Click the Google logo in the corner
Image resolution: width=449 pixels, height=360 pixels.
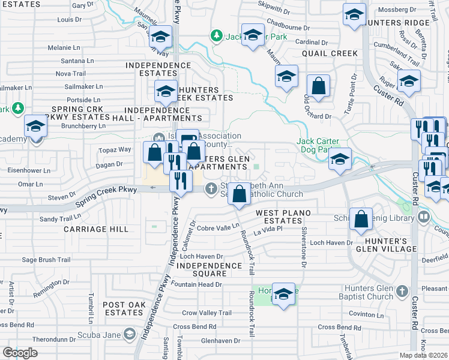(20, 353)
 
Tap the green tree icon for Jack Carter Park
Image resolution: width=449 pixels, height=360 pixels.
(216, 36)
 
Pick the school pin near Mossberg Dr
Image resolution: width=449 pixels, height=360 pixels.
(354, 14)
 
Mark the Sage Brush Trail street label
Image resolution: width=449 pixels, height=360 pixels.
(46, 260)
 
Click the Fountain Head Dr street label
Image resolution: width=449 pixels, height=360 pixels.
(196, 284)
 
